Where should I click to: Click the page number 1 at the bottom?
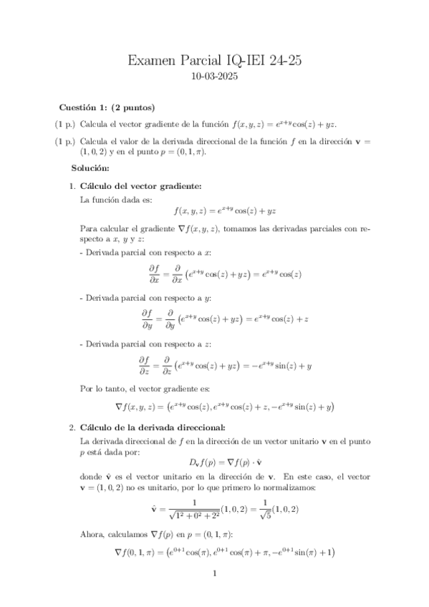pyautogui.click(x=214, y=573)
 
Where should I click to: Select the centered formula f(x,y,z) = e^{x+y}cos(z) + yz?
pyautogui.click(x=225, y=211)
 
